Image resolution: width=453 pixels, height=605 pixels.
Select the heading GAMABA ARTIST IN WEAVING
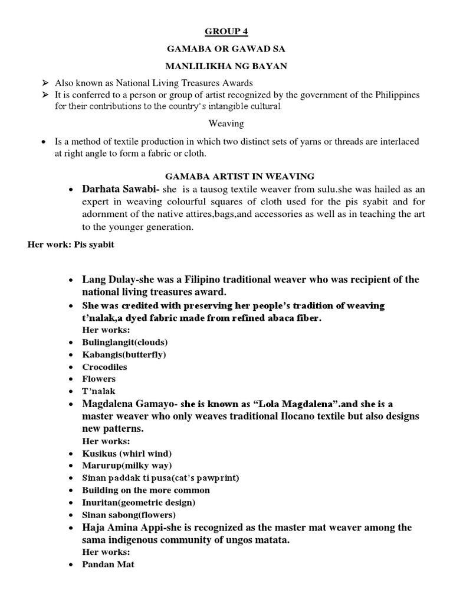[226, 176]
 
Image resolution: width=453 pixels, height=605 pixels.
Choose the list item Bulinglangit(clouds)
[125, 342]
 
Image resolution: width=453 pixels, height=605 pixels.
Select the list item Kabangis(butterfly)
[124, 354]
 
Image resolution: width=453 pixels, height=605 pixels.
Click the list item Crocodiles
[104, 367]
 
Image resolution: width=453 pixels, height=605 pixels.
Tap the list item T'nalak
[99, 391]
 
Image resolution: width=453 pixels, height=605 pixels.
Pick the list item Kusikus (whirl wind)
[127, 453]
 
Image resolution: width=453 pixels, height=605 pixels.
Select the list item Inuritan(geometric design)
[139, 502]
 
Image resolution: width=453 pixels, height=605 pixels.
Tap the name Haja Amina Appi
[122, 527]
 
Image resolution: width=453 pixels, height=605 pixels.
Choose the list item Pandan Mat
[108, 564]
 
